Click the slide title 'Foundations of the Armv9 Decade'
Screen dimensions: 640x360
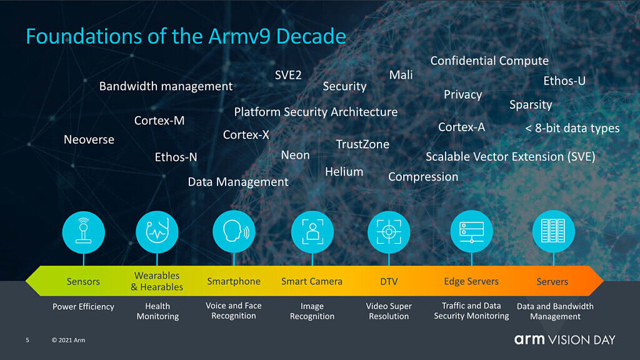(186, 36)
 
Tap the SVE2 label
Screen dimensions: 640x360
(288, 75)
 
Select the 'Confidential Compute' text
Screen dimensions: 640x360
(489, 61)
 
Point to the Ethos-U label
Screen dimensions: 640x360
(564, 81)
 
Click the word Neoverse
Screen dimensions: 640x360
(89, 139)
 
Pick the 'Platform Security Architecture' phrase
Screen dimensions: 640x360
(316, 112)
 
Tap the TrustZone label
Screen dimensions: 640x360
(362, 144)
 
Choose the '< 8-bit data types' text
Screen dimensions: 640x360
(572, 129)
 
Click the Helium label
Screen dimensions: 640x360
(344, 172)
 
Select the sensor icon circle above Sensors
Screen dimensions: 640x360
(84, 232)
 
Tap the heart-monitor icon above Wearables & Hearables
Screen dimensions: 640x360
(157, 232)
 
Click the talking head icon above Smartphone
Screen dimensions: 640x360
(234, 232)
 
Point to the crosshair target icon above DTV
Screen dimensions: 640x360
(389, 232)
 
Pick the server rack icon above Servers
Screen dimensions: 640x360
(554, 231)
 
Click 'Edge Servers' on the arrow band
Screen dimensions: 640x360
(471, 281)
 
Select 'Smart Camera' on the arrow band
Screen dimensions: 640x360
(312, 281)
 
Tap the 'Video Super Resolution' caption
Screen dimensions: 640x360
(389, 311)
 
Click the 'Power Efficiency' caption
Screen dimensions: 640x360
(83, 307)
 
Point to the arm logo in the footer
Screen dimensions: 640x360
(529, 339)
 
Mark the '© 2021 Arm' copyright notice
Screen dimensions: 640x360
(69, 340)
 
